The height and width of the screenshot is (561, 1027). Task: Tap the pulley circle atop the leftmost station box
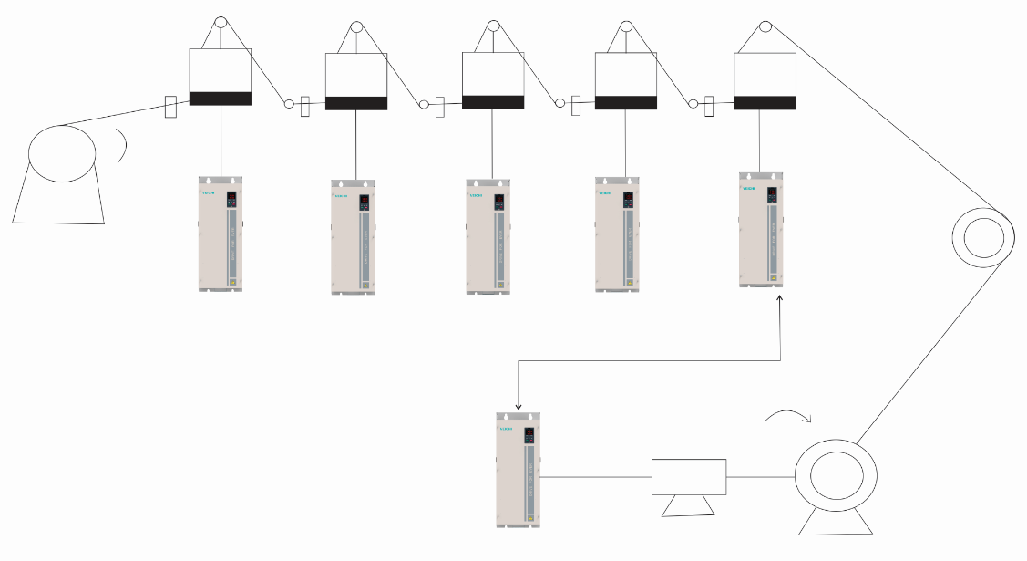click(220, 23)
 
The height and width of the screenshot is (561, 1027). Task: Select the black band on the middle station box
click(493, 102)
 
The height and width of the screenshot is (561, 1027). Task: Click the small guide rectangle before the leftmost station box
click(170, 107)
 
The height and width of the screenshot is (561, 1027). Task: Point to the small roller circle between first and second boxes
click(289, 105)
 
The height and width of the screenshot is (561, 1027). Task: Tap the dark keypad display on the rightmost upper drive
click(771, 195)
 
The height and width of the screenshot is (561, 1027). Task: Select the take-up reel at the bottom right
click(836, 477)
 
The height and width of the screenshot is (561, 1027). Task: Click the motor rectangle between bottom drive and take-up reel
click(689, 476)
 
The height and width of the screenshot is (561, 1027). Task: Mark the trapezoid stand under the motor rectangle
click(688, 505)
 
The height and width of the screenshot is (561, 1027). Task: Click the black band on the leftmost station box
click(220, 99)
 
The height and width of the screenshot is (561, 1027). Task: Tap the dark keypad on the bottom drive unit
click(529, 437)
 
